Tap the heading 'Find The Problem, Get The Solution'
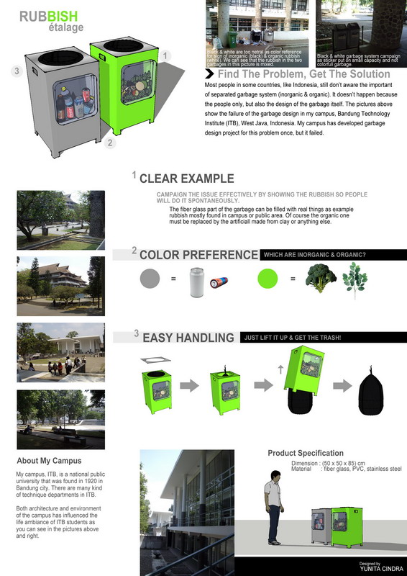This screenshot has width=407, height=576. click(293, 74)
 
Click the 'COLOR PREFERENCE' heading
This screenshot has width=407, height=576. click(198, 255)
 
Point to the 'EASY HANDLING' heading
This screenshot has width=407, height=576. click(188, 338)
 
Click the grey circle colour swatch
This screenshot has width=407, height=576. click(151, 278)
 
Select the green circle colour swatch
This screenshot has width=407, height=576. click(268, 278)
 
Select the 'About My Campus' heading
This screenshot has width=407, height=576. click(49, 461)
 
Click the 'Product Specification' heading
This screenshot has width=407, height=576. click(306, 453)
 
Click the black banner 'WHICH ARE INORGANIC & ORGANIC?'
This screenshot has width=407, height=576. click(314, 254)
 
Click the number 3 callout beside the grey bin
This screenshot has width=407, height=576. click(15, 71)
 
